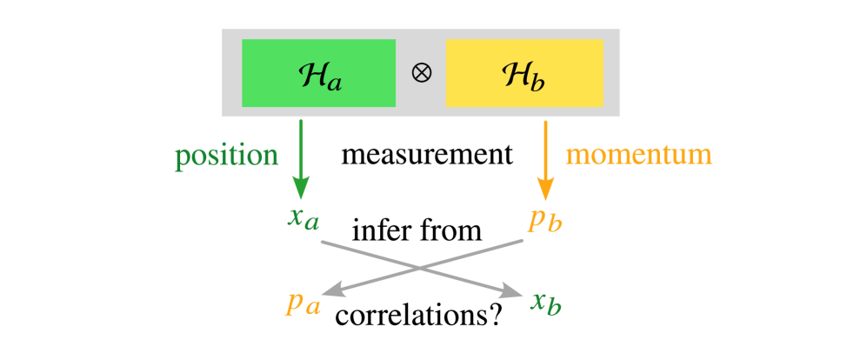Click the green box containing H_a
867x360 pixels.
(x=318, y=73)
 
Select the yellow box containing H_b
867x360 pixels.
(x=524, y=73)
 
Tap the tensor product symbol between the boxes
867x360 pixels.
(x=421, y=73)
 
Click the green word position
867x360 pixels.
(x=227, y=156)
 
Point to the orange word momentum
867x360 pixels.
(x=639, y=155)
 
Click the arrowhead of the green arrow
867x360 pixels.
(x=301, y=190)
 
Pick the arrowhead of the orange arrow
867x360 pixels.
(x=545, y=190)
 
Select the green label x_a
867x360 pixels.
(x=303, y=218)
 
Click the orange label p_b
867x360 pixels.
(x=545, y=220)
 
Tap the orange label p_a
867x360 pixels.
(x=303, y=303)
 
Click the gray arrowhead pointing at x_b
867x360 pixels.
(x=512, y=295)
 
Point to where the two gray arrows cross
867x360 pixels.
(x=423, y=268)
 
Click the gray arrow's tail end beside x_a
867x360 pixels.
(x=323, y=241)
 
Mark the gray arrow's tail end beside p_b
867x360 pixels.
(x=522, y=241)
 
